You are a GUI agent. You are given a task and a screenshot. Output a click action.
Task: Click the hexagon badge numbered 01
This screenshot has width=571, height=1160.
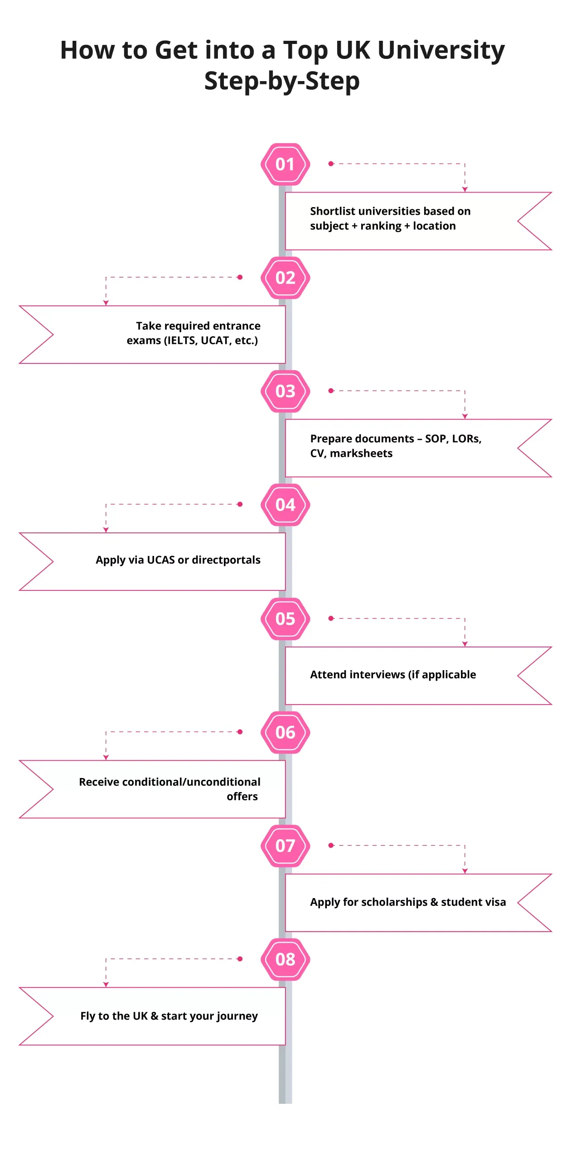[x=285, y=164]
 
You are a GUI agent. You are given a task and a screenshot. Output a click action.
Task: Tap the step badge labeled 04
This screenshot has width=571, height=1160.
[x=285, y=504]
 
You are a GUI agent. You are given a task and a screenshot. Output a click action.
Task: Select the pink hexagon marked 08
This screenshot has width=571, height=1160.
[x=285, y=959]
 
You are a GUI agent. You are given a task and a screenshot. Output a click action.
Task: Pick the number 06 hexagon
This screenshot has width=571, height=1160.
[x=285, y=732]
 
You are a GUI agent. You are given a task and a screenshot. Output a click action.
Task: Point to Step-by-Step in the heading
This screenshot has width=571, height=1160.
[x=282, y=81]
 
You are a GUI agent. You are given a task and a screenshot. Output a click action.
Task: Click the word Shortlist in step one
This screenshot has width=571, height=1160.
[x=332, y=211]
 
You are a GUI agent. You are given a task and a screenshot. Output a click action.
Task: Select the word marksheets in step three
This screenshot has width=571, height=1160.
[x=361, y=453]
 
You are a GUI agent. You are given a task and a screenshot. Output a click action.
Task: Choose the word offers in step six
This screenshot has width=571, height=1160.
[x=242, y=797]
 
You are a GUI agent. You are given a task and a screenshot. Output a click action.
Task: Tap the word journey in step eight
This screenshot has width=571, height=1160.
[x=237, y=1016]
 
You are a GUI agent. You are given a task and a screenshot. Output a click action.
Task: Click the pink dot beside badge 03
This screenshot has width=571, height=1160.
[x=331, y=391]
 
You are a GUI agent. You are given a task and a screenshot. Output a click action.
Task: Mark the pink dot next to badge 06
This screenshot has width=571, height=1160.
[x=240, y=732]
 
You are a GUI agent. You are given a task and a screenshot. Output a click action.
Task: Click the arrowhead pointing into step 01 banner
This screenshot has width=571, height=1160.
[x=465, y=189]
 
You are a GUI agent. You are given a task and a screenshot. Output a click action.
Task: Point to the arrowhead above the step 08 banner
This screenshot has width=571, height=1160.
[x=106, y=984]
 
